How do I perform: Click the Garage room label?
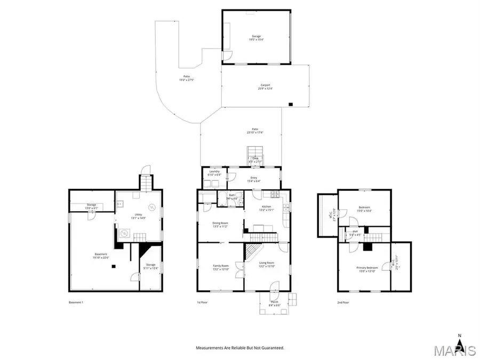coord(255,37)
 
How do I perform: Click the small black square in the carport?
coord(291,104)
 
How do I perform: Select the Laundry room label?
coord(214,173)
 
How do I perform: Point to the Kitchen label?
coord(266,207)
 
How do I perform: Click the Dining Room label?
coord(220,224)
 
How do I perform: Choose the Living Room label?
coord(267,264)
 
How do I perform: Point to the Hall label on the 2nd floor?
coord(355,233)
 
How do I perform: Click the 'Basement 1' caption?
coord(76,302)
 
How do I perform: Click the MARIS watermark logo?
coord(454,350)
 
